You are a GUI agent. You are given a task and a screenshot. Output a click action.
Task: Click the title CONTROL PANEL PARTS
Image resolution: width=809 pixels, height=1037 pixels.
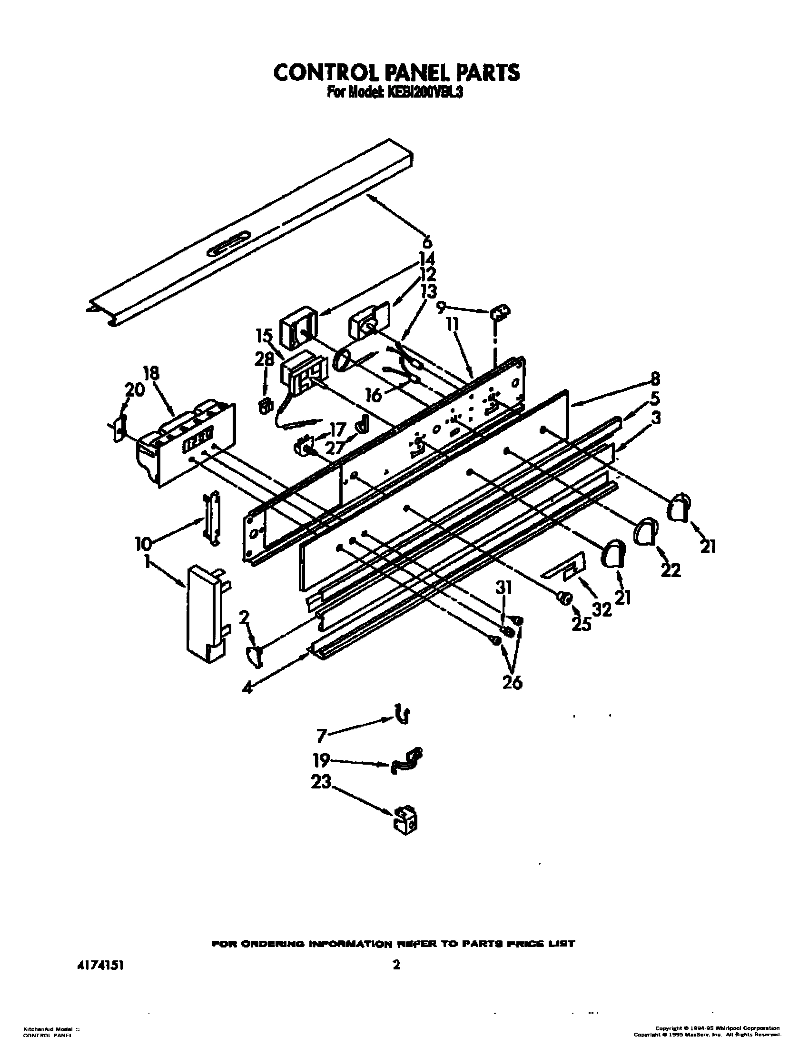396,72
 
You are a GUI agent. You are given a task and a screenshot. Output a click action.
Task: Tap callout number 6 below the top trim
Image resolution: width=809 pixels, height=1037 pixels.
427,241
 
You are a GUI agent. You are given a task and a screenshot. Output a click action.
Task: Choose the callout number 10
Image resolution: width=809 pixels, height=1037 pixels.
143,542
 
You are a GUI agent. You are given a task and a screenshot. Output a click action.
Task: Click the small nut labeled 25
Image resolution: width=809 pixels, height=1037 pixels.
564,598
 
